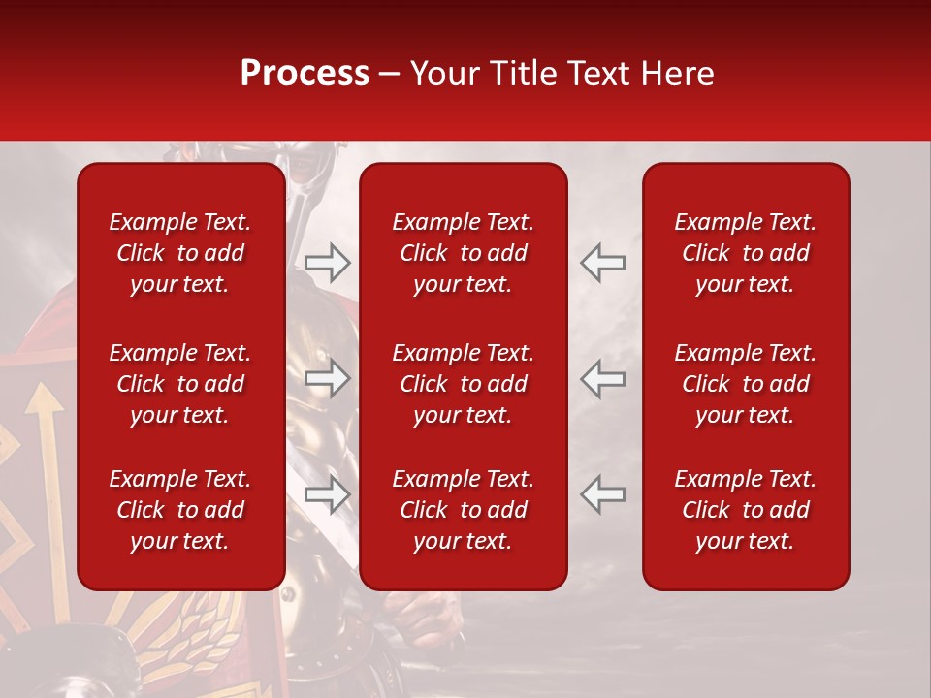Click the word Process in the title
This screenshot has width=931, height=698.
tap(305, 74)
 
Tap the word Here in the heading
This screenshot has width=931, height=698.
tap(677, 74)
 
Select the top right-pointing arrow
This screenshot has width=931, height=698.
tap(327, 262)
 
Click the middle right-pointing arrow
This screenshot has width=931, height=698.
tap(327, 378)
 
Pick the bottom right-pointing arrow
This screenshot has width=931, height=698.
tap(327, 494)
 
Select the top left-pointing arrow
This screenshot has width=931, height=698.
tap(603, 262)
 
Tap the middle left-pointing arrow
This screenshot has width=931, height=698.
tap(603, 378)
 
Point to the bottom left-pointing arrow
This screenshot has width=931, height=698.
tap(603, 494)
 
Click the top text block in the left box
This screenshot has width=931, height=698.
tap(180, 253)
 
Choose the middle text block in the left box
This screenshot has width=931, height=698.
tap(180, 384)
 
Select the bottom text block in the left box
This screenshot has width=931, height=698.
tap(180, 510)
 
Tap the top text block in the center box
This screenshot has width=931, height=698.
tap(463, 253)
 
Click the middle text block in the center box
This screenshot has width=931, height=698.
tap(463, 384)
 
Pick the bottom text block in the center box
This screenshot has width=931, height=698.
tap(463, 510)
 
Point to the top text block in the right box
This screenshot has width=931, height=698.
tap(745, 253)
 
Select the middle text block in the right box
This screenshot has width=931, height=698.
tap(745, 384)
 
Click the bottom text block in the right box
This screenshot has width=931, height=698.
tap(745, 510)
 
